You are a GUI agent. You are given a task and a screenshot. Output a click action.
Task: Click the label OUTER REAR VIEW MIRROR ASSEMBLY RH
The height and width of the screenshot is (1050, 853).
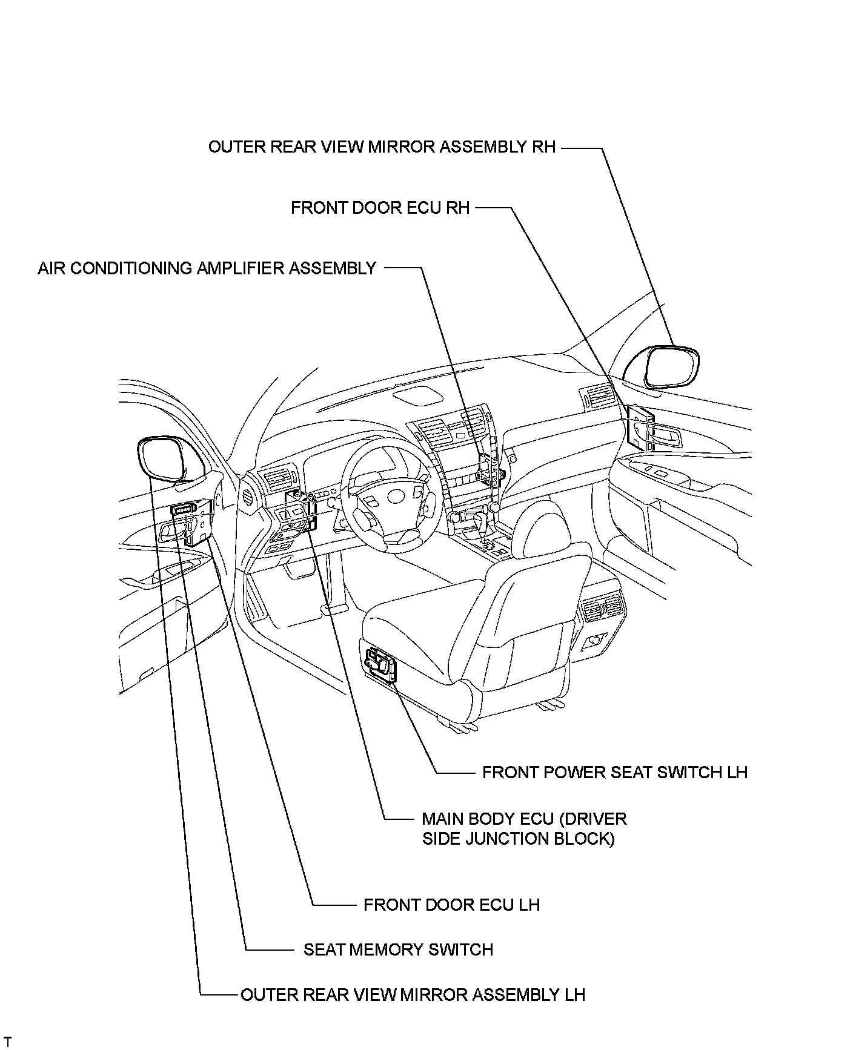(382, 147)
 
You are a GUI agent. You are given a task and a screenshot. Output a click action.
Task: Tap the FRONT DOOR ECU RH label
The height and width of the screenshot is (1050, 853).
(380, 208)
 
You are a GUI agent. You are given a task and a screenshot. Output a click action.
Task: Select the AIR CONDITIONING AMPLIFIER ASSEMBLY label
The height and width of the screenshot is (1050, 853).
(207, 268)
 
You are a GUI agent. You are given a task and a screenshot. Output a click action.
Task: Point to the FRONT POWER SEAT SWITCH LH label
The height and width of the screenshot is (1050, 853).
(614, 772)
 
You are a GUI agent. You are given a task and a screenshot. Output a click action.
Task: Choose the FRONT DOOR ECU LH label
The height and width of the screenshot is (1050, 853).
(451, 905)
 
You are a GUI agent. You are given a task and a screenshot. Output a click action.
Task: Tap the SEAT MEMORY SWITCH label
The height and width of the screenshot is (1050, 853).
(398, 949)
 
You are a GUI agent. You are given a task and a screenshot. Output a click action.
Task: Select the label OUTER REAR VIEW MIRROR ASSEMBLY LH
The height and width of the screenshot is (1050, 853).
(413, 995)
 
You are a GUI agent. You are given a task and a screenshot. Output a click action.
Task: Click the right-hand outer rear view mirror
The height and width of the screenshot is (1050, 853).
(671, 366)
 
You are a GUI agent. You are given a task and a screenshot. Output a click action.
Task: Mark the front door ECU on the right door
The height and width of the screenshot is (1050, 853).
(640, 427)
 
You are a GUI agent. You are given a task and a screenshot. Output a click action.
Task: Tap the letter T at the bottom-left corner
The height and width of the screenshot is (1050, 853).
(8, 1041)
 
